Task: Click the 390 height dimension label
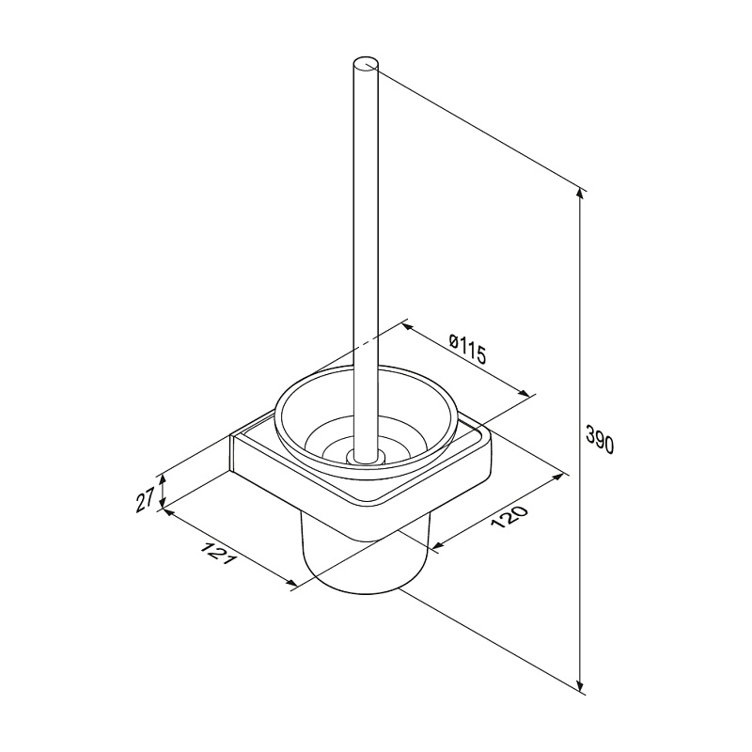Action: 600,439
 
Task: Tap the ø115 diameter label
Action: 467,348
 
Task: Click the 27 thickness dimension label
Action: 145,499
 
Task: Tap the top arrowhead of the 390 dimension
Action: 580,192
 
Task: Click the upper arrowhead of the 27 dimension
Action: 163,478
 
